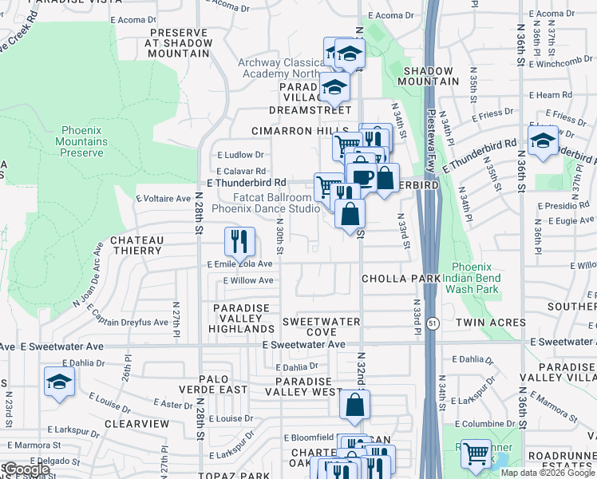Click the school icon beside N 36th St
coord(543,141)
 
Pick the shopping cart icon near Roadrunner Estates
coord(476,453)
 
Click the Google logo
coord(26,469)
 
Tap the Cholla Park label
coord(401,279)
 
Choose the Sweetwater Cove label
coord(321,327)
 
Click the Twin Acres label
coord(491,323)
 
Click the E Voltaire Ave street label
coord(164,198)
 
